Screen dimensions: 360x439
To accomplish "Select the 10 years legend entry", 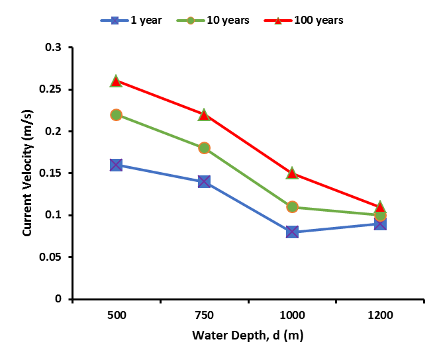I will coord(213,21).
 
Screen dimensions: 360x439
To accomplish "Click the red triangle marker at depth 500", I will coord(116,81).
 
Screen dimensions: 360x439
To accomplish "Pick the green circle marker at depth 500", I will coord(116,114).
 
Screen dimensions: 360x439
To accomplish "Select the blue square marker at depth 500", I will coord(116,165).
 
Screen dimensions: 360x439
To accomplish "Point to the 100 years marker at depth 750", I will coord(204,114).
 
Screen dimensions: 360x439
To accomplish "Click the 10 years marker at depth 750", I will coord(204,148).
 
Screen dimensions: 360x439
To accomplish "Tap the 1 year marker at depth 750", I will coord(204,181).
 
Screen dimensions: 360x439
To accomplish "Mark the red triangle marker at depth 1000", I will coord(292,173).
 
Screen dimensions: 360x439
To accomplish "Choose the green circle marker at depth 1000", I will coord(292,206).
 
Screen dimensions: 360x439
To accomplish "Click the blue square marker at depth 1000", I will coord(292,232).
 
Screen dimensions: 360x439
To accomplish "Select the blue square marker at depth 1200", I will coord(380,224).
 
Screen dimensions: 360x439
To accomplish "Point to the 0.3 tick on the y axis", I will coord(54,48).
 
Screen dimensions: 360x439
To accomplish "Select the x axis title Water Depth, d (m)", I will coord(248,336).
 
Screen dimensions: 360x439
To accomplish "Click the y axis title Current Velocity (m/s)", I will coord(28,173).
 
